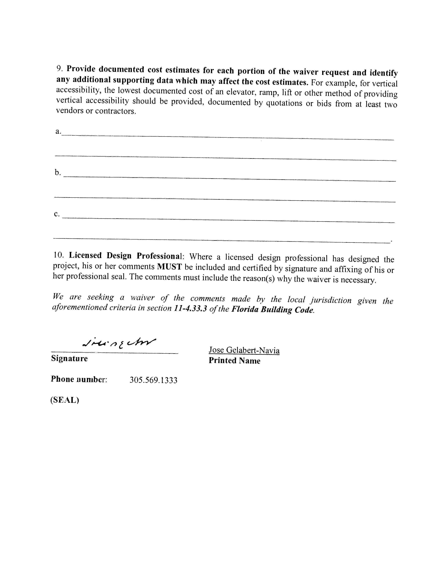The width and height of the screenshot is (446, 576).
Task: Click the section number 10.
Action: point(58,255)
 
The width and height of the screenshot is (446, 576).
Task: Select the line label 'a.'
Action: point(58,131)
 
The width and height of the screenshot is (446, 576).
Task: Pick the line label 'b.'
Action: point(58,173)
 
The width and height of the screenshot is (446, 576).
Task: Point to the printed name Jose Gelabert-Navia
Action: point(244,350)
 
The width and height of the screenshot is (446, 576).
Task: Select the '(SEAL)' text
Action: point(65,400)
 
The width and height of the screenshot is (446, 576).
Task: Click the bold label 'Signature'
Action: point(69,358)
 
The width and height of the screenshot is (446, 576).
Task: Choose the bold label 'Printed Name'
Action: point(234,360)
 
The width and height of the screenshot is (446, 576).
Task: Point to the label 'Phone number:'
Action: point(79,379)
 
